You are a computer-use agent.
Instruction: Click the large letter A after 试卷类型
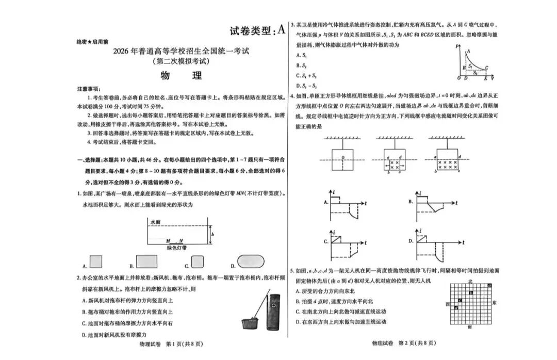[x=281, y=29]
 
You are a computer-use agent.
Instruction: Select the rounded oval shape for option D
[x=251, y=261]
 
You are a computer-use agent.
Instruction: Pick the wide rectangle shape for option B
[x=146, y=261]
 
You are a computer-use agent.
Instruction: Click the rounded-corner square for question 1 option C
[x=198, y=261]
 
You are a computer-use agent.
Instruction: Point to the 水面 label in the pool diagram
[x=155, y=222]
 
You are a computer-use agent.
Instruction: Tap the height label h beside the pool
[x=212, y=234]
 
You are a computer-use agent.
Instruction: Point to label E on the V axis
[x=485, y=78]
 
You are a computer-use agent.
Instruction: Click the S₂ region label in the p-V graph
[x=475, y=73]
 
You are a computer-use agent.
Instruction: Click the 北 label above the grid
[x=469, y=281]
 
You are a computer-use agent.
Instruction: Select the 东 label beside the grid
[x=494, y=303]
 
